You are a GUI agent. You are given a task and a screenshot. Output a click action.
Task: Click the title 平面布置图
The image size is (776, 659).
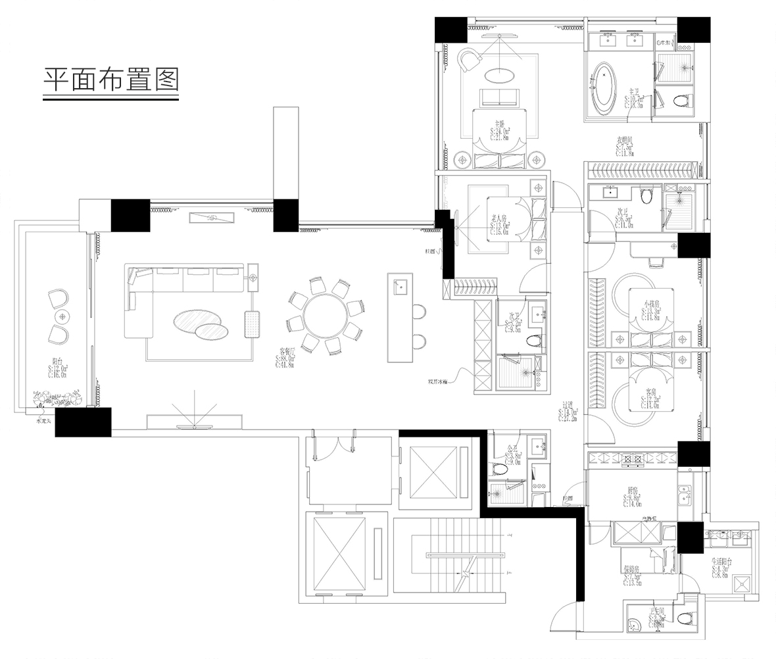tap(111, 80)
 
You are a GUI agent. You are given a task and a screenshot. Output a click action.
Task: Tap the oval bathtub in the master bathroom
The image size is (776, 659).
tap(604, 85)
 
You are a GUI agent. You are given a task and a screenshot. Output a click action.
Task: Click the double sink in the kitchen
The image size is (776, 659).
tap(685, 493)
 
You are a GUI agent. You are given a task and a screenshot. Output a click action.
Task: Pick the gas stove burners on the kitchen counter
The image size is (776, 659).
tap(632, 458)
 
